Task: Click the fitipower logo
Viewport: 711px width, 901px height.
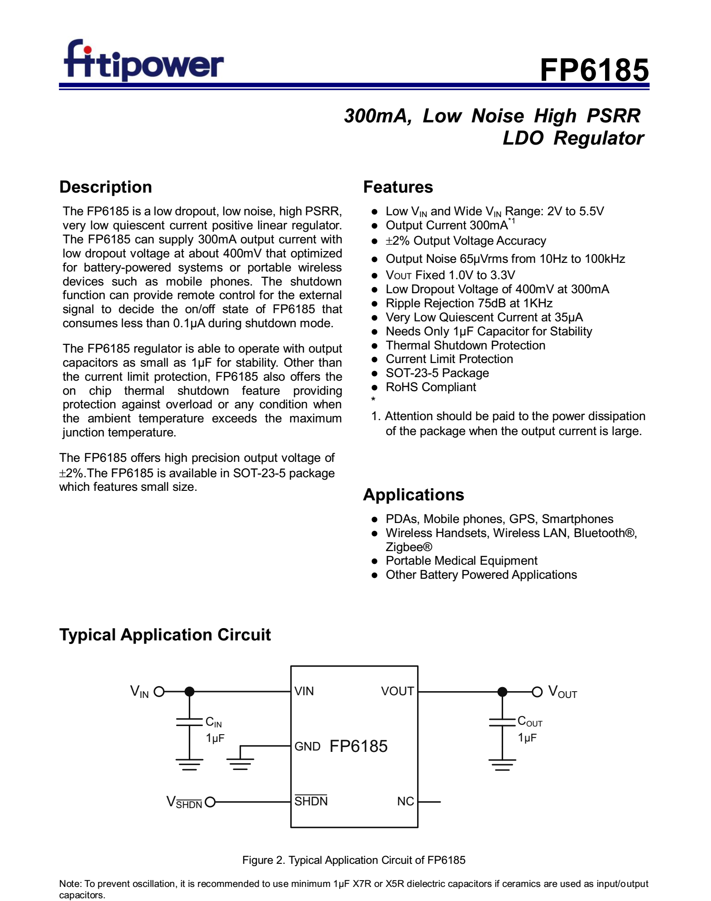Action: click(143, 61)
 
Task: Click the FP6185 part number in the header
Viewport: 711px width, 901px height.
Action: click(594, 70)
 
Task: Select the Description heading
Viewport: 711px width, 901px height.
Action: click(106, 187)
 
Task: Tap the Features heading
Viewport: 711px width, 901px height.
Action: click(398, 187)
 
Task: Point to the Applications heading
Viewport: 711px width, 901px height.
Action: click(413, 494)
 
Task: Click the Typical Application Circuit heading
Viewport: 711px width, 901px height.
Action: click(165, 635)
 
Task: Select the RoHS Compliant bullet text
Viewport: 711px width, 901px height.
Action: click(430, 387)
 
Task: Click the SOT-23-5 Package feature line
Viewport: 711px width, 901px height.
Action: click(437, 373)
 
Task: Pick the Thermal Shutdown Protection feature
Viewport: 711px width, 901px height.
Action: click(465, 345)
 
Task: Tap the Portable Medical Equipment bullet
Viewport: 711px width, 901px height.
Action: click(461, 561)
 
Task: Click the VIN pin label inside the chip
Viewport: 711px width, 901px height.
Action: click(304, 691)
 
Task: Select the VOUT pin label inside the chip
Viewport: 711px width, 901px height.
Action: click(397, 691)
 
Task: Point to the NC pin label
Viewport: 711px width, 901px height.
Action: click(405, 801)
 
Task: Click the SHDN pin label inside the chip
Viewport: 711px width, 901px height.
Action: click(311, 801)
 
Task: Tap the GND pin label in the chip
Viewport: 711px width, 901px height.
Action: click(307, 746)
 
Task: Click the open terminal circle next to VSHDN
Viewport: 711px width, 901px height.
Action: click(210, 802)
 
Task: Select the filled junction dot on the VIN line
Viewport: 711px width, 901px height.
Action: click(189, 692)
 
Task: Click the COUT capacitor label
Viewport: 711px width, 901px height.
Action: click(529, 722)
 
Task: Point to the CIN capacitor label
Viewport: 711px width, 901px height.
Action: click(213, 722)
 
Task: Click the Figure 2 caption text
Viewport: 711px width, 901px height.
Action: click(354, 860)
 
